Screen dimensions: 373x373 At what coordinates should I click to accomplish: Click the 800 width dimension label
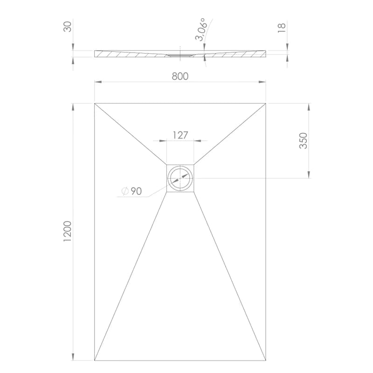tap(180, 76)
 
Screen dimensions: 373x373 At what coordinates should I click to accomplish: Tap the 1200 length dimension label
tap(67, 231)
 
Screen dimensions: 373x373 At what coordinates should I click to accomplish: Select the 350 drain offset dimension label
tap(303, 141)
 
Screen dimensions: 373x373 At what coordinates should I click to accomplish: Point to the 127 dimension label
tap(180, 135)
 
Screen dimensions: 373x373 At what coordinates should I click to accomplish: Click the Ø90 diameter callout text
tap(131, 191)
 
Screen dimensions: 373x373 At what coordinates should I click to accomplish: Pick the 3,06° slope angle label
tap(200, 29)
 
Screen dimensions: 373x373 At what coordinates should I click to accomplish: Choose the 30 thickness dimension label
tap(67, 27)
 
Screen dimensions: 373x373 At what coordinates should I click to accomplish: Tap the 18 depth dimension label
tap(282, 28)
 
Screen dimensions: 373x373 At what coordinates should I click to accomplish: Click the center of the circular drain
tap(180, 178)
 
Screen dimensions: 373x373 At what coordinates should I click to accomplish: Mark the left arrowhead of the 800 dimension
tap(98, 82)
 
